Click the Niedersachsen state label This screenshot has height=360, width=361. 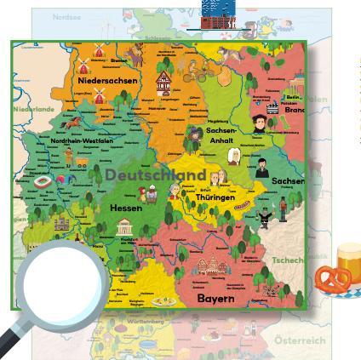point(107,81)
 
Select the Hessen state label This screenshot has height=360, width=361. point(126,208)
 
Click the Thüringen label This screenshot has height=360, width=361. point(215,197)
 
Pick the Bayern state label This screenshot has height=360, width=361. point(215,299)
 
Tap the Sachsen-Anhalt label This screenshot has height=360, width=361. point(221,136)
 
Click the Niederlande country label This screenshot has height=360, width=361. point(33,109)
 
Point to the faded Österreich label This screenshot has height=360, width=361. point(300,340)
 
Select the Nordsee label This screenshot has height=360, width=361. point(67,16)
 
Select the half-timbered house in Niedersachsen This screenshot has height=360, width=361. point(163,83)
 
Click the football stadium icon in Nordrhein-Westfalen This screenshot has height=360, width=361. point(43,181)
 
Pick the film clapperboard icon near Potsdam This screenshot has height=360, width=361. point(272,109)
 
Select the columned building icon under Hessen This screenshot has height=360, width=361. point(124,226)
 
